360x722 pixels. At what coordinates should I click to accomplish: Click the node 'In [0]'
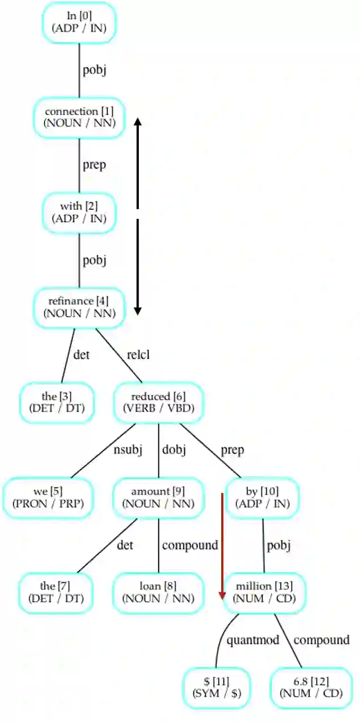[79, 21]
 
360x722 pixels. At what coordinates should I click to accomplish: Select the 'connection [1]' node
[79, 117]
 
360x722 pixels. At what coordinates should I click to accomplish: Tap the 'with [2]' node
[79, 212]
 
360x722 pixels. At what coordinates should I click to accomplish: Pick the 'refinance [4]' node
[79, 307]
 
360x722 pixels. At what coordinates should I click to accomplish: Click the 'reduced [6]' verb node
[159, 403]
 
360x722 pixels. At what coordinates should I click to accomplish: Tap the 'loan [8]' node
[159, 593]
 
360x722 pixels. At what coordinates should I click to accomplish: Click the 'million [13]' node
[265, 593]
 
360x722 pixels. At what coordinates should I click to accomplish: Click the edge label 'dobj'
[174, 450]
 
